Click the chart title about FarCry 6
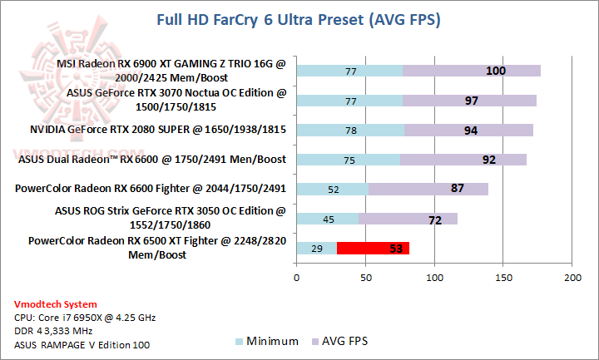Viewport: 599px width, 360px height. [299, 19]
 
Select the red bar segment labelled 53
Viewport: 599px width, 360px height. [374, 248]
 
